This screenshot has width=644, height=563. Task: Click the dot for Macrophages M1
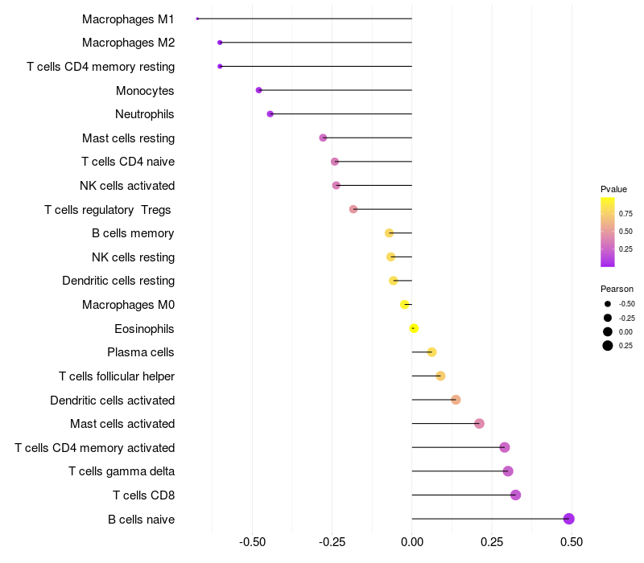pos(197,18)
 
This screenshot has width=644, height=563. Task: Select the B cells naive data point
pos(568,519)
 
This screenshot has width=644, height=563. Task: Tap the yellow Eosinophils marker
pos(414,328)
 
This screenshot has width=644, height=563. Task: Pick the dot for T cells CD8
pos(515,495)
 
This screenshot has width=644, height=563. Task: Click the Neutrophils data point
pos(270,114)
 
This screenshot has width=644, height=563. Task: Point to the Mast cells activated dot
pos(479,424)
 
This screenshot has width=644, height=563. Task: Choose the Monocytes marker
pos(258,90)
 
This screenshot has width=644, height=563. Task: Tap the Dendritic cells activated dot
pos(456,400)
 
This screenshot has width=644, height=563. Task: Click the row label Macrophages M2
pos(128,43)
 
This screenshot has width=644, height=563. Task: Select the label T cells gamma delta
pos(122,471)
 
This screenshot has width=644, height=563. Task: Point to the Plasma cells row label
pos(140,352)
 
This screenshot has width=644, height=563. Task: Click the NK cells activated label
pos(127,186)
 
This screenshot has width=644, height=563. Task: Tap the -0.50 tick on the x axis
pos(252,542)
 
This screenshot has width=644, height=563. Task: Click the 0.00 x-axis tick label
pos(412,542)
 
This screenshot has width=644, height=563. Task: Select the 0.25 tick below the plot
pos(492,542)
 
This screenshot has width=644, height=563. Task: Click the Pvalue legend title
pos(613,189)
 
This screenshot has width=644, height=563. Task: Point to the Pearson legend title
pos(617,289)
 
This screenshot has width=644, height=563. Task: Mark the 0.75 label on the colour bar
pos(625,214)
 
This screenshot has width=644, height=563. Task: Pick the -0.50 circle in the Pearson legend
pos(608,304)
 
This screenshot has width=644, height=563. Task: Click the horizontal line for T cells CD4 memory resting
pos(316,67)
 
